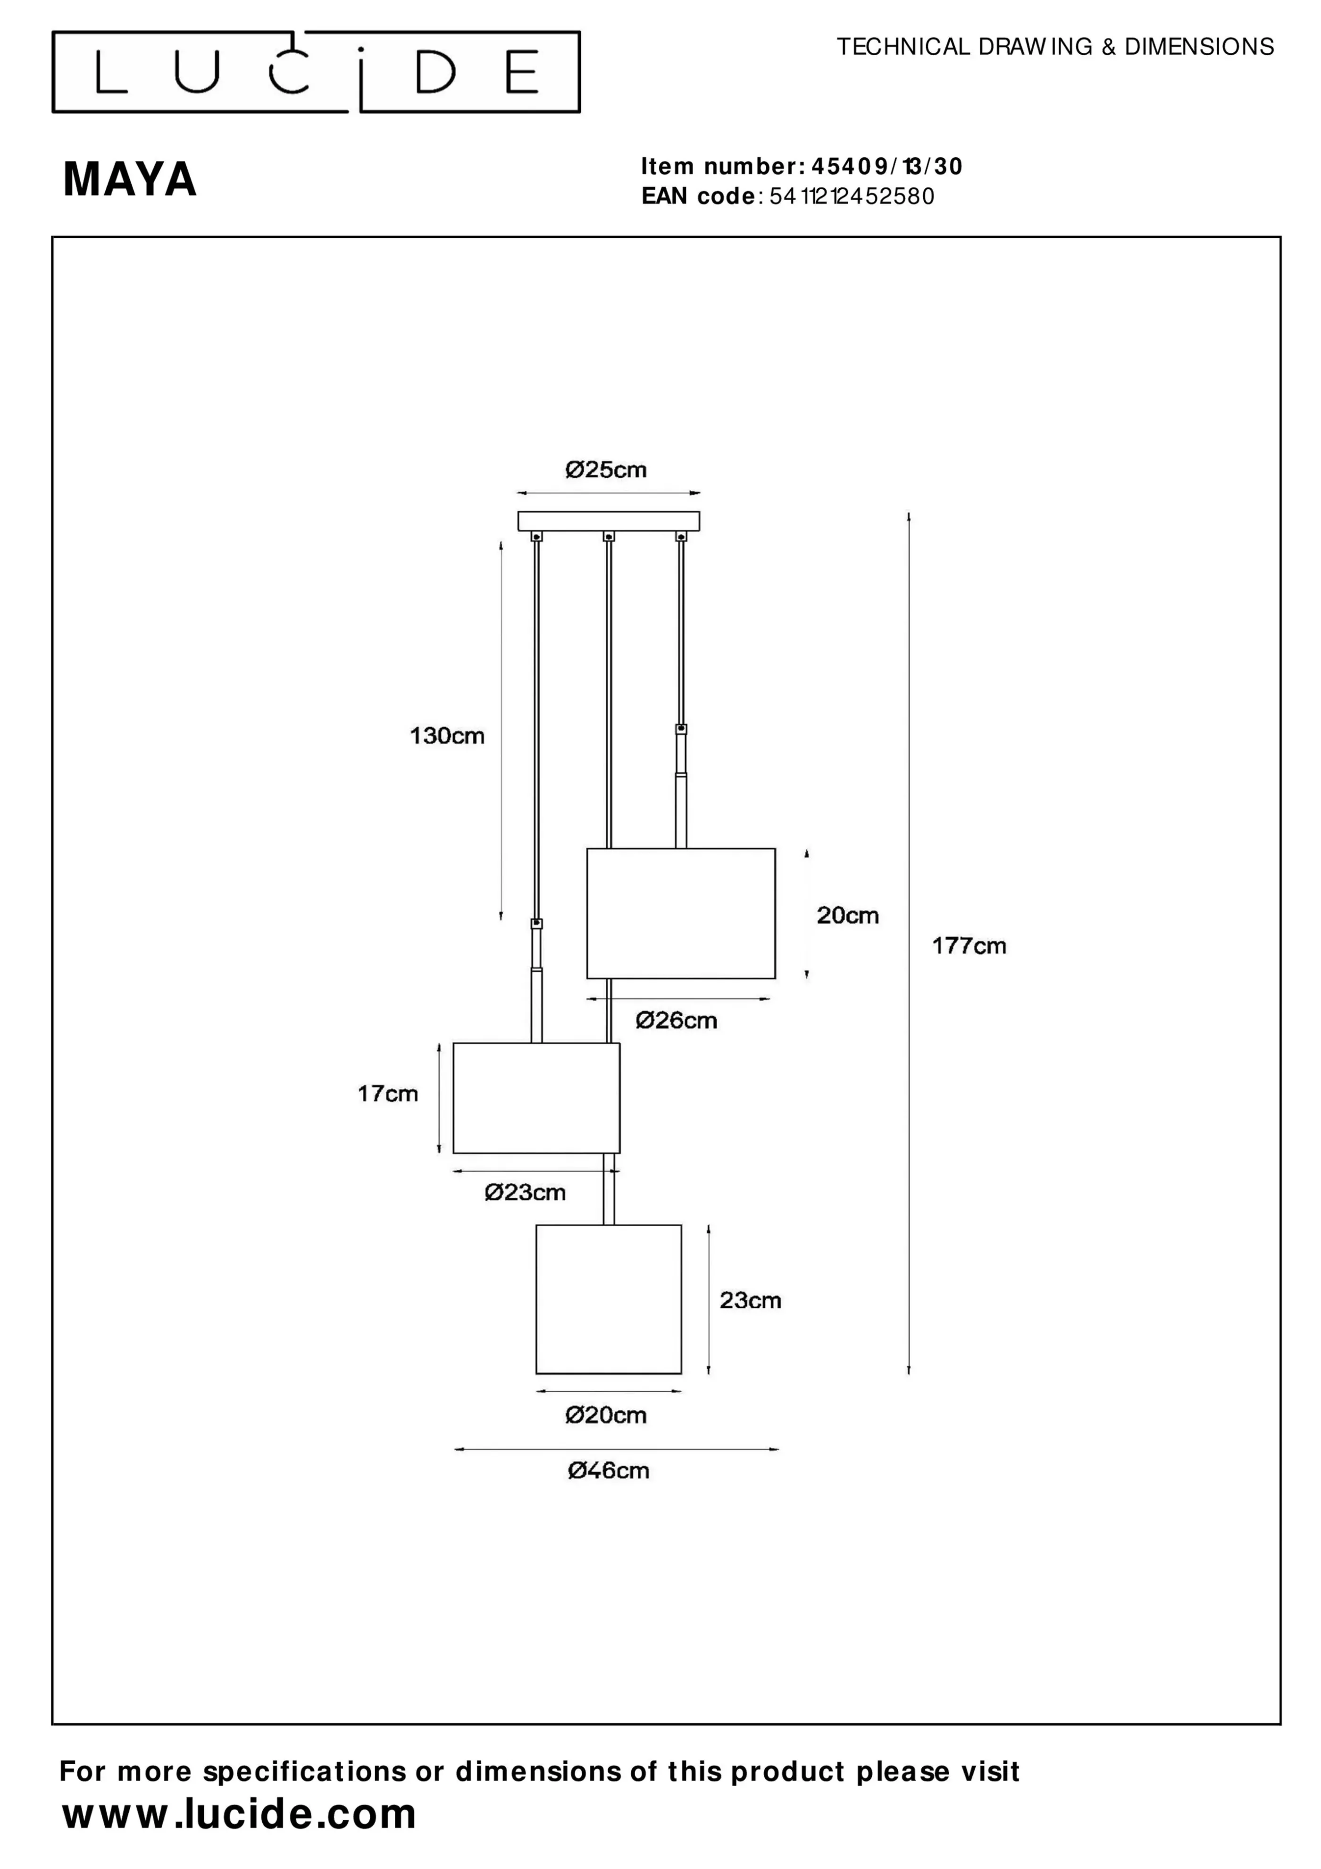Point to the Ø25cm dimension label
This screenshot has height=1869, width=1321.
(606, 470)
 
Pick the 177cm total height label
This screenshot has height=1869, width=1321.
(969, 946)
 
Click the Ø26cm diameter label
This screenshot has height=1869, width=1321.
(677, 1021)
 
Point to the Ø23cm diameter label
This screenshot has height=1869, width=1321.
(525, 1193)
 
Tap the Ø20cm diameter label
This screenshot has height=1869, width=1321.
(606, 1415)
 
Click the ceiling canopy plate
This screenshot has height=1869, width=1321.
(609, 521)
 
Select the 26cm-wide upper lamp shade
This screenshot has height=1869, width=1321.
(681, 913)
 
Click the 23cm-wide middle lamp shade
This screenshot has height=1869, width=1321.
(536, 1098)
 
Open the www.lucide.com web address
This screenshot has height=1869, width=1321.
(239, 1814)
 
